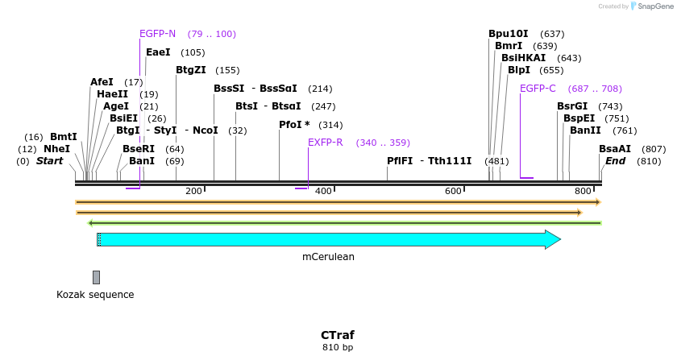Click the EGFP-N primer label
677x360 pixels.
tap(157, 34)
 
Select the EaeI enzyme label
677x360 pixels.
tap(158, 52)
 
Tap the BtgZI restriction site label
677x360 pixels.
tap(191, 70)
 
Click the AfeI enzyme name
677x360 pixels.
tap(102, 82)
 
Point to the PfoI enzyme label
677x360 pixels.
tap(290, 125)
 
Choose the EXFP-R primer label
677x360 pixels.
tap(326, 143)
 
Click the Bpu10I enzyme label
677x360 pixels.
tap(509, 34)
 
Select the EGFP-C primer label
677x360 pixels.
tap(538, 89)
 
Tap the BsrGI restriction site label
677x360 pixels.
tap(572, 106)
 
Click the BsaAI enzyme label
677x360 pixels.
tap(615, 149)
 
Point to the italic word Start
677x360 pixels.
tap(49, 161)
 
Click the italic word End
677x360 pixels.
tap(615, 161)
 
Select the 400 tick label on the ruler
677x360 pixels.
tap(323, 191)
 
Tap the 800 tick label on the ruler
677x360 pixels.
tap(583, 191)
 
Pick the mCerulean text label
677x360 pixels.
tap(328, 257)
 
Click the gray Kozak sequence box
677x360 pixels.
tap(96, 277)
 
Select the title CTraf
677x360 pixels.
tap(337, 335)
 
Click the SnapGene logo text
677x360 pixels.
tap(654, 6)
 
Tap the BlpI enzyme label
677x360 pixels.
tap(519, 70)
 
